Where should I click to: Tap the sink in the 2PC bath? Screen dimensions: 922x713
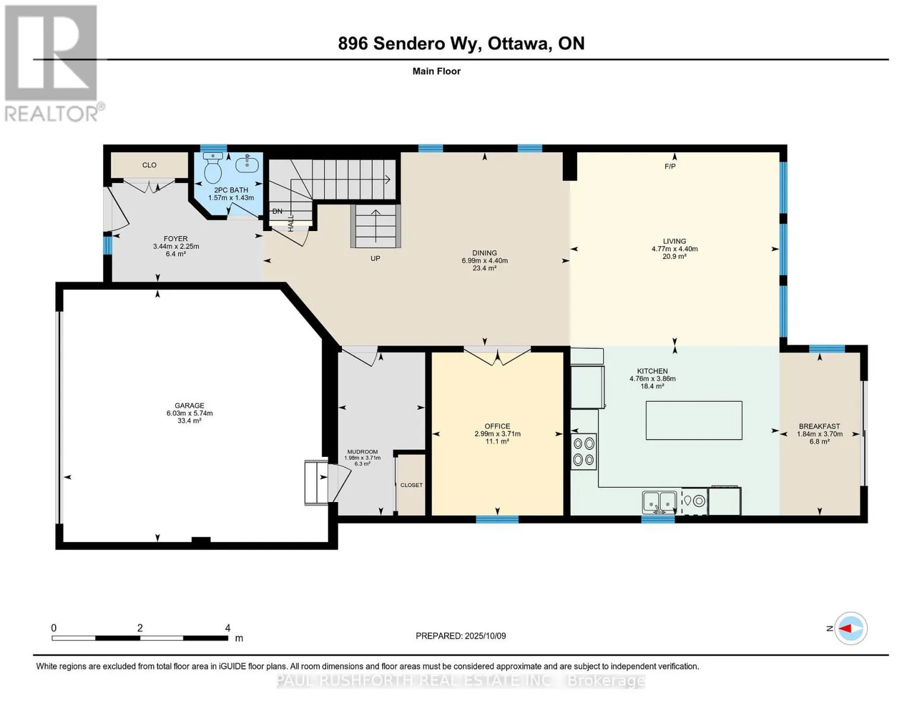(x=247, y=163)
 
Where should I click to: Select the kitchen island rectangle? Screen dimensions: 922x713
(x=694, y=420)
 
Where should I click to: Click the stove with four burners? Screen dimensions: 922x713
(x=584, y=451)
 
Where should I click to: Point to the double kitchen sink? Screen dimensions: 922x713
(x=659, y=503)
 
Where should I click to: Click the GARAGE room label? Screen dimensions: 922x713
(x=189, y=406)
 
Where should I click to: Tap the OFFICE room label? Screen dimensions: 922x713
(x=498, y=426)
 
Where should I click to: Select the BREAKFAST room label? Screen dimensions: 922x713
(x=819, y=426)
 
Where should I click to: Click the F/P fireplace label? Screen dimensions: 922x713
(x=670, y=166)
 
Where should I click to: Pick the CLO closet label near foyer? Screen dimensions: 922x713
(x=150, y=165)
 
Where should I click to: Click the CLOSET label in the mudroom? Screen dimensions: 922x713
(x=411, y=485)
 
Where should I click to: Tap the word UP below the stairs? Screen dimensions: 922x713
(x=375, y=258)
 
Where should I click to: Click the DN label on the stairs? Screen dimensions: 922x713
(x=277, y=211)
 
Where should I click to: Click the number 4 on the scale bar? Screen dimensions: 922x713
(x=228, y=627)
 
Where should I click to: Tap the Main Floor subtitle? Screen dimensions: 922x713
(x=436, y=71)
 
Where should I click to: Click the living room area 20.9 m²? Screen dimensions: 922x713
(x=674, y=257)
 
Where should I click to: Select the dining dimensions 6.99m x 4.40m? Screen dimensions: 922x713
(x=484, y=261)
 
